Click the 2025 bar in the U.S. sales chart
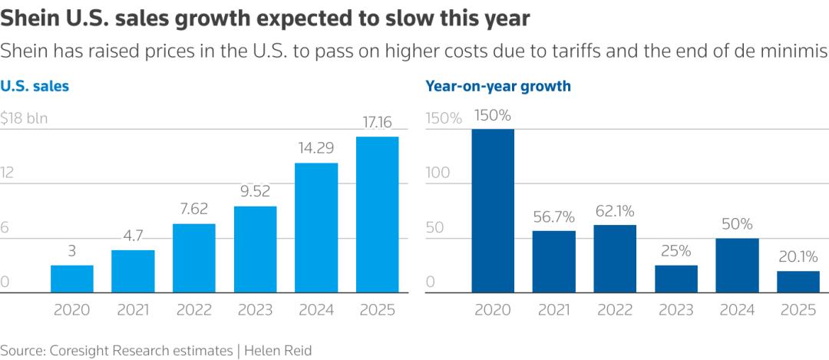pyautogui.click(x=377, y=215)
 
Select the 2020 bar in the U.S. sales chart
pyautogui.click(x=72, y=279)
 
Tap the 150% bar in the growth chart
pyautogui.click(x=493, y=211)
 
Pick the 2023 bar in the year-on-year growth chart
pyautogui.click(x=676, y=279)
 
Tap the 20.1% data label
pyautogui.click(x=798, y=257)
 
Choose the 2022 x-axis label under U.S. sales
pyautogui.click(x=194, y=310)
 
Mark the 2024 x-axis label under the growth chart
pyautogui.click(x=737, y=310)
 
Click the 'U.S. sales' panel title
pyautogui.click(x=35, y=86)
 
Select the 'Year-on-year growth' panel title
pyautogui.click(x=498, y=86)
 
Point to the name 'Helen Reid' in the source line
pyautogui.click(x=279, y=350)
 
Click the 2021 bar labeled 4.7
pyautogui.click(x=133, y=271)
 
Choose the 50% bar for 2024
pyautogui.click(x=737, y=266)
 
